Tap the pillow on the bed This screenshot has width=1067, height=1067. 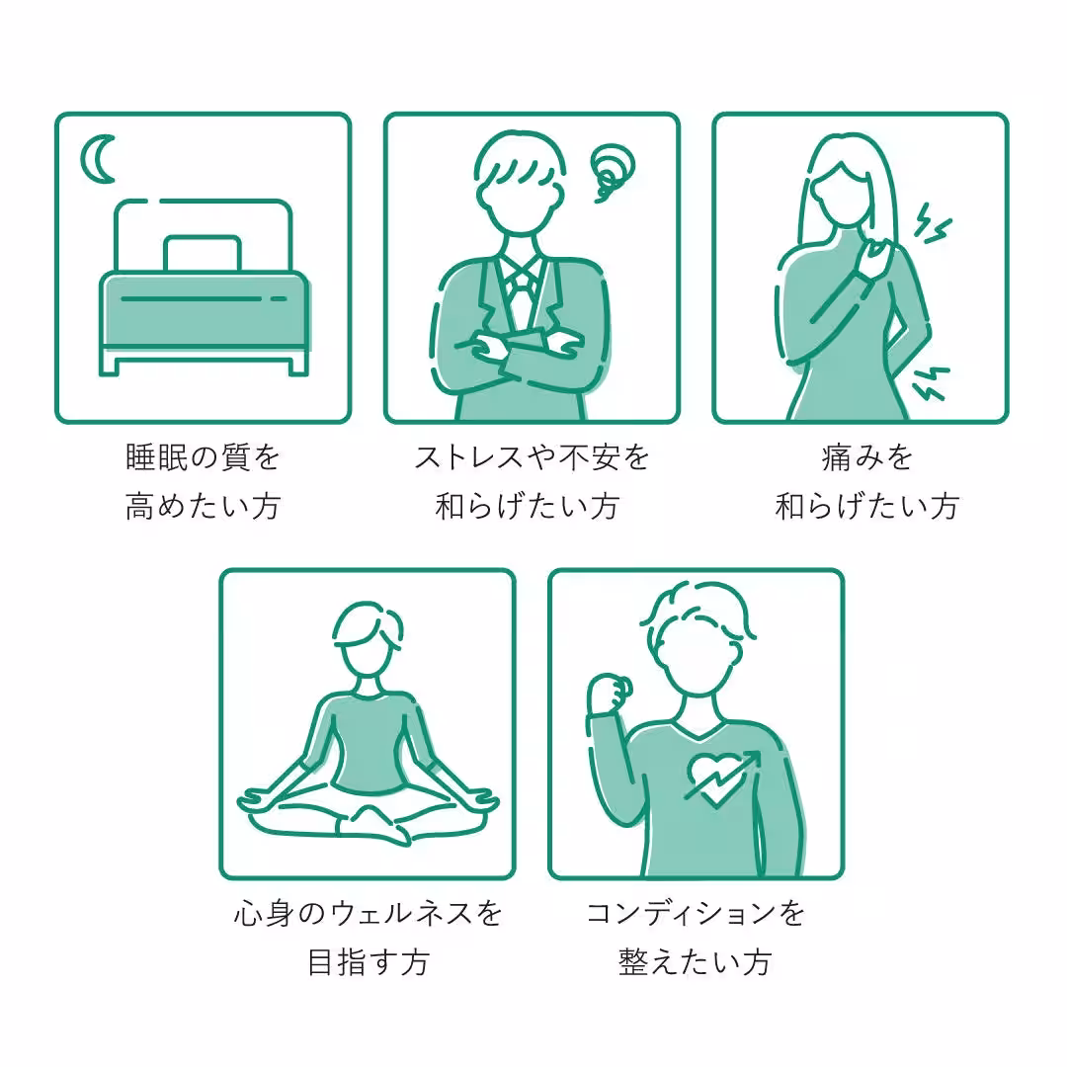203,254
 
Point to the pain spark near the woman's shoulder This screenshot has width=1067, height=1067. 931,223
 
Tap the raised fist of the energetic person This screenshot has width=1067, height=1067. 607,693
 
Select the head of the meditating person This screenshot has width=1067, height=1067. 366,643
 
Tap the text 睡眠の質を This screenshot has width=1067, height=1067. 203,457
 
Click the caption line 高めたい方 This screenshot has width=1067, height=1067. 203,507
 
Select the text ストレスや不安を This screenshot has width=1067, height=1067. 532,457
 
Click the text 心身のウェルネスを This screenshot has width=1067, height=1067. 368,913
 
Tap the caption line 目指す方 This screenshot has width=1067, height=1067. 368,962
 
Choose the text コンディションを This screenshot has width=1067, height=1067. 696,913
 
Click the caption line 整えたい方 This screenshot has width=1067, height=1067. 696,962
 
